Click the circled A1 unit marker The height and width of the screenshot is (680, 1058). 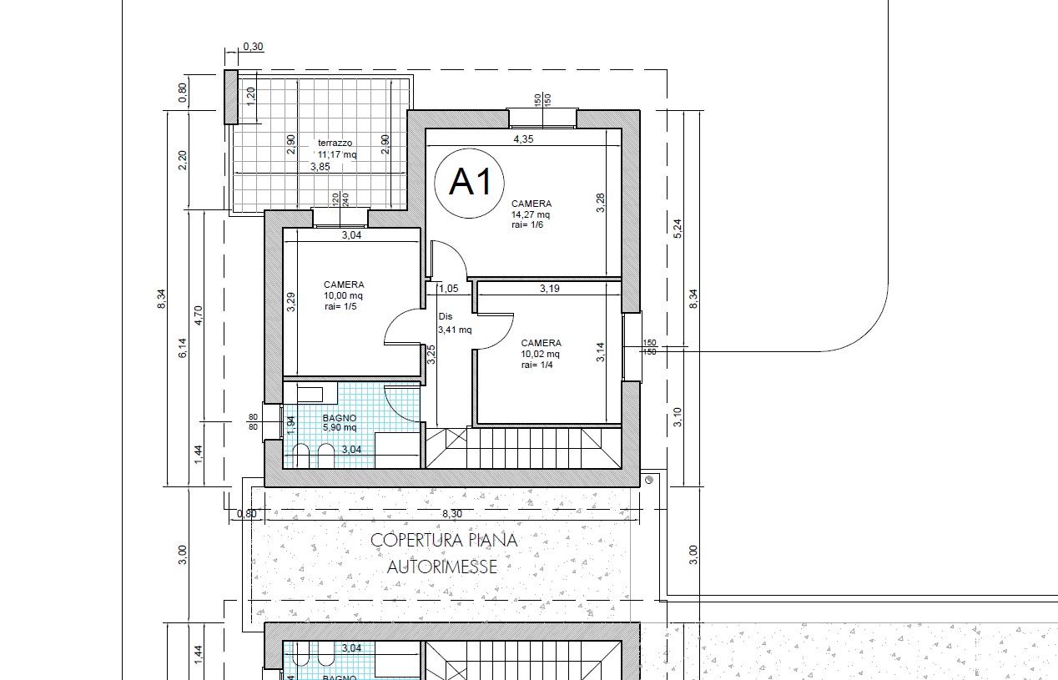469,184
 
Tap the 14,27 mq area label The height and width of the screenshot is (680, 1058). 531,214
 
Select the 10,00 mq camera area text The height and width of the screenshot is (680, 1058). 343,295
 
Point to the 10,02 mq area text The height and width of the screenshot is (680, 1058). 541,354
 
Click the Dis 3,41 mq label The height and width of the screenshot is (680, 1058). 455,324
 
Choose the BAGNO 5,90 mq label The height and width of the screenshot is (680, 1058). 340,423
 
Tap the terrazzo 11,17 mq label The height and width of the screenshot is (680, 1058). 337,149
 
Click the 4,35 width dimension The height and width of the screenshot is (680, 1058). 523,139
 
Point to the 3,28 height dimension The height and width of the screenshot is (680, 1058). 600,203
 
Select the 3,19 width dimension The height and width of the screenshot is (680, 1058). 550,289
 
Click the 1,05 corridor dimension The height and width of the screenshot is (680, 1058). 448,289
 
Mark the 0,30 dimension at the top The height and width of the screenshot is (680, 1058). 253,47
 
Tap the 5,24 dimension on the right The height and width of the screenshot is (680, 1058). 678,229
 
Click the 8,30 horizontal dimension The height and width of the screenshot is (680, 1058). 452,514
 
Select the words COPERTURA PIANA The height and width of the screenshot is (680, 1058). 444,540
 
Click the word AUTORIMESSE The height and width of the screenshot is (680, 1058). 442,567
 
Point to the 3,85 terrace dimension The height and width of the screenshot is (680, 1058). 320,167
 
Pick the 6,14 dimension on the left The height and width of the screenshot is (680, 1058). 183,348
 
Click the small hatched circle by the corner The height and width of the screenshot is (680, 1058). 649,480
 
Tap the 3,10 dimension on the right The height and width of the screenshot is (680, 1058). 678,417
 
